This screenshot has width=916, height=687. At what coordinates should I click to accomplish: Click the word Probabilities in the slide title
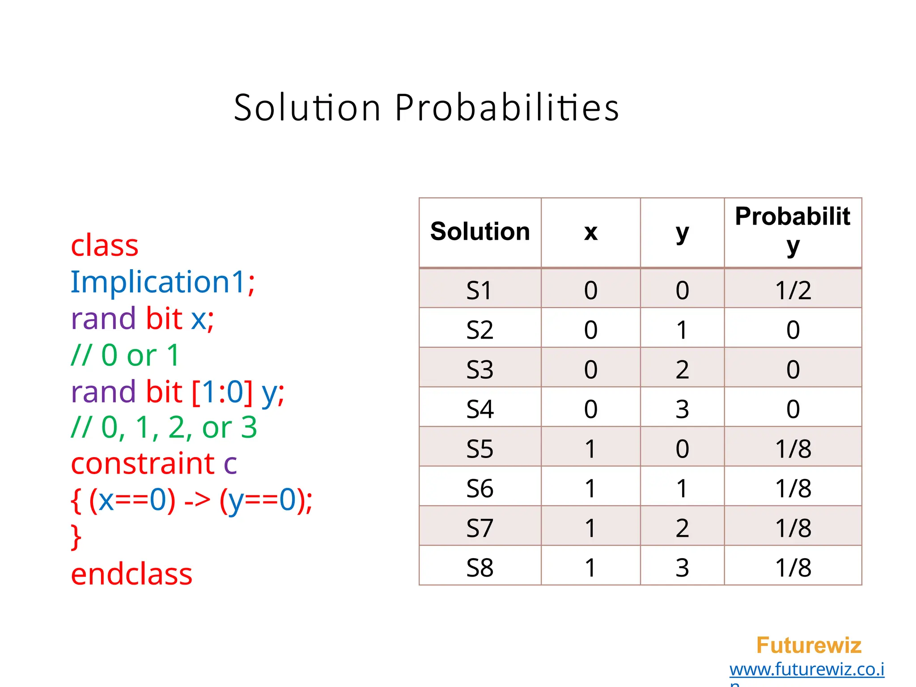tap(507, 108)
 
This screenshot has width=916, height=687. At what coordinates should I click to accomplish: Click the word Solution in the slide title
tap(307, 108)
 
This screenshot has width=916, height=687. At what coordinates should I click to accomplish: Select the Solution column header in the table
tap(480, 232)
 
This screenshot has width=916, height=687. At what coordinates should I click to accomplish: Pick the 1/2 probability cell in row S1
tap(793, 290)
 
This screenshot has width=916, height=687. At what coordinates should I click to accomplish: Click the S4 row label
tap(480, 409)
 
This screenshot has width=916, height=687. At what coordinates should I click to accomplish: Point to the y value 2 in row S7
tap(682, 528)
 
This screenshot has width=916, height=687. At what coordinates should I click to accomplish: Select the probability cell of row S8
tap(793, 568)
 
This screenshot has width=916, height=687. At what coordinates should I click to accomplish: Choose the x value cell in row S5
tap(590, 449)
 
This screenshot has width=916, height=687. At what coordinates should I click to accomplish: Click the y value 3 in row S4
tap(682, 409)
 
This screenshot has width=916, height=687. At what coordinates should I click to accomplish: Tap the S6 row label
tap(480, 488)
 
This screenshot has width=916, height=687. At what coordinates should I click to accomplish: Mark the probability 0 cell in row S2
tap(793, 330)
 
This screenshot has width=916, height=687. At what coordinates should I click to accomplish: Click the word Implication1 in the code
tap(157, 282)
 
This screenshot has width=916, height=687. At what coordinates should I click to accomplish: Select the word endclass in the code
tap(131, 574)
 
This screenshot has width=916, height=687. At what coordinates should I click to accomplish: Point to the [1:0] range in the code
tap(222, 392)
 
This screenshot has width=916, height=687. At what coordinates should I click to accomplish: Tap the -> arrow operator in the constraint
tap(197, 500)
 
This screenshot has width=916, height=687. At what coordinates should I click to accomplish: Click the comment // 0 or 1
tap(125, 356)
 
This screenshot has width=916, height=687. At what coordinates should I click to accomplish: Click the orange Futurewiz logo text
tap(808, 645)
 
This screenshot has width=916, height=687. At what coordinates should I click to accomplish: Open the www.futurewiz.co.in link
tap(806, 670)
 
